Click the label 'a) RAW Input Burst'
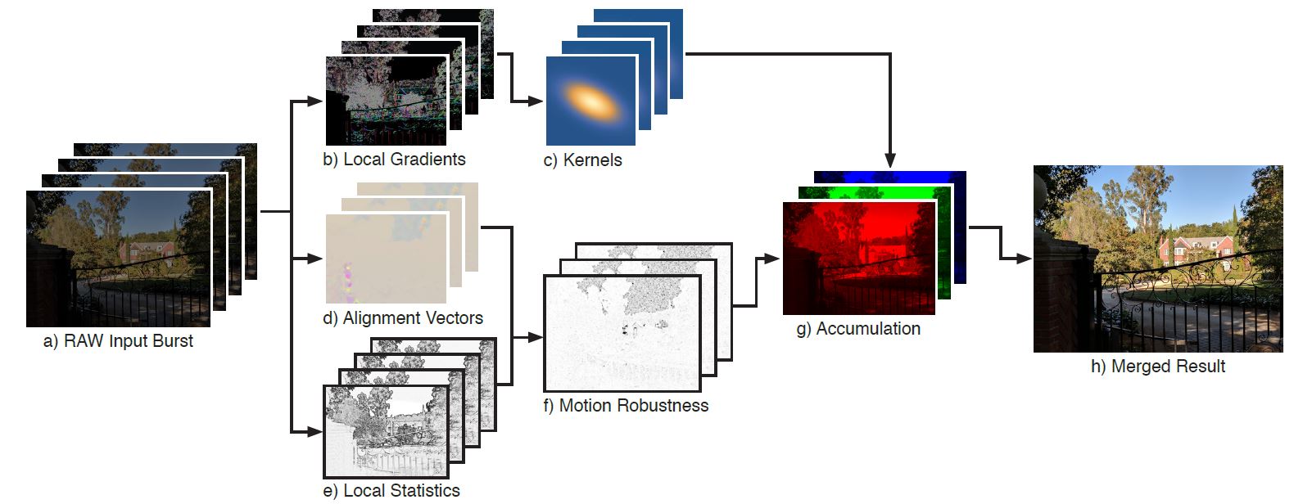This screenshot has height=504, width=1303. (118, 341)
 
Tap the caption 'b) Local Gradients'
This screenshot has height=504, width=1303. (395, 160)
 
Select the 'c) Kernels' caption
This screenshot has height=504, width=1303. (583, 160)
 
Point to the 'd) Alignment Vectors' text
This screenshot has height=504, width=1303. (403, 318)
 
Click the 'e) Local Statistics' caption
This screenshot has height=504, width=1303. (391, 491)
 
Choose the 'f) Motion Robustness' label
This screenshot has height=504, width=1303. (626, 406)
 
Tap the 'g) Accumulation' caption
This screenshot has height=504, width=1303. (858, 329)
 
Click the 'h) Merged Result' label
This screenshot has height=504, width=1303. (1158, 367)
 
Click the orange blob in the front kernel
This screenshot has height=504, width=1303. (591, 101)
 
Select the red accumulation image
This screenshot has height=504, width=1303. (859, 258)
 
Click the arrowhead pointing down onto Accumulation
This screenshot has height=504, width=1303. (890, 160)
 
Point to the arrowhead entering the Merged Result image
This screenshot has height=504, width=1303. (1024, 259)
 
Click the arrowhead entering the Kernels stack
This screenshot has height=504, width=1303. (535, 101)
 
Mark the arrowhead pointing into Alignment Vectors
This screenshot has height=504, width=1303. (314, 259)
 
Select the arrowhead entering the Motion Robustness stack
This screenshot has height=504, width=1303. (535, 337)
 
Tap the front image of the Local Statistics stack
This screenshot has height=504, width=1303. (387, 431)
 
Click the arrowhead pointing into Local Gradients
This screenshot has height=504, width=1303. (314, 101)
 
